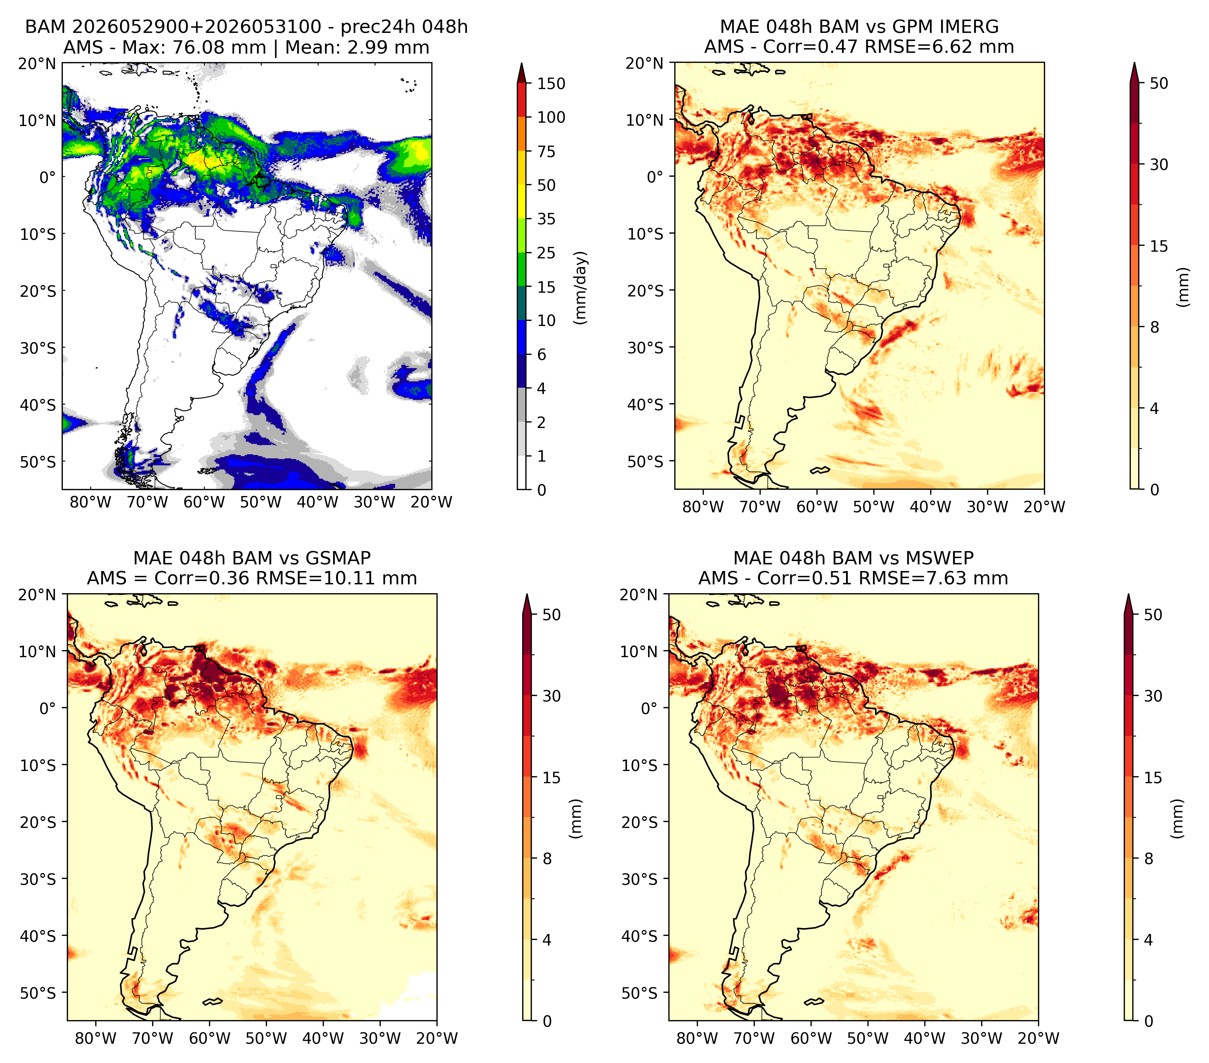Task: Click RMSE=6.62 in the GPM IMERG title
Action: pos(910,47)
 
